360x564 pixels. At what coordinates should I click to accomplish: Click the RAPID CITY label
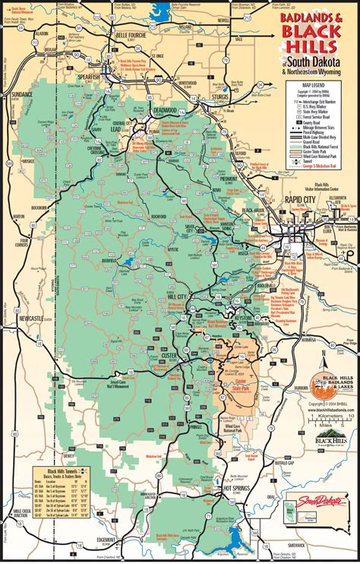coord(300,199)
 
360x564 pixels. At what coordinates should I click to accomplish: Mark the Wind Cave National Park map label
coord(235,427)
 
